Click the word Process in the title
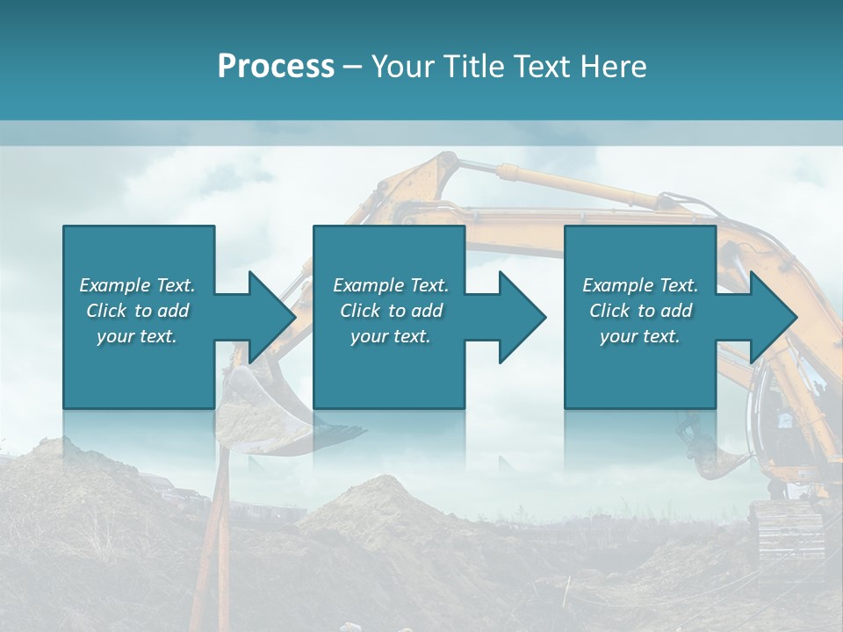tap(276, 67)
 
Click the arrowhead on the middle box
tap(521, 317)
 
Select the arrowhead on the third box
tap(772, 317)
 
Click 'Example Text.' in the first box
tap(137, 285)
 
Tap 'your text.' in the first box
tap(137, 336)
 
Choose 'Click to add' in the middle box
tap(391, 311)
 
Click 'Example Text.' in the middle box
tap(391, 285)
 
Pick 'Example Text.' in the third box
tap(640, 285)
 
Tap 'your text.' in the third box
tap(640, 336)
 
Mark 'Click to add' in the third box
tap(640, 311)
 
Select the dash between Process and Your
tap(353, 67)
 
